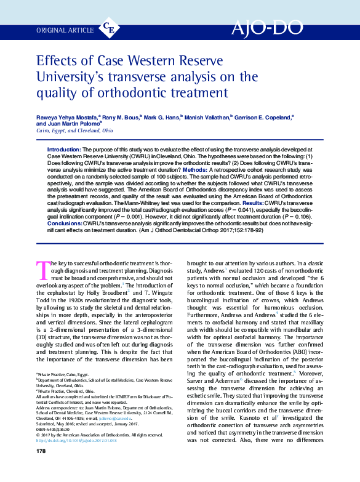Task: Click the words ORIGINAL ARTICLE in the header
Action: (65, 29)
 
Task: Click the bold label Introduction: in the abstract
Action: (63, 150)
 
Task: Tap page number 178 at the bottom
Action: (41, 468)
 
